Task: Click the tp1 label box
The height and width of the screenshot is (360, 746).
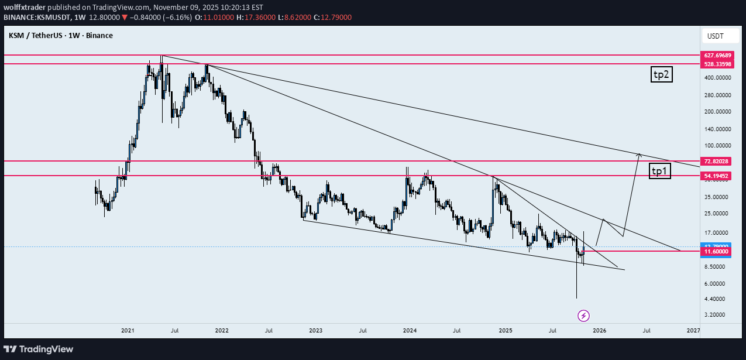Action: (660, 171)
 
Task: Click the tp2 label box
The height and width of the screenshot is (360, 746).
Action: (662, 74)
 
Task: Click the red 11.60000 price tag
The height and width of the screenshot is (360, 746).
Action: (716, 251)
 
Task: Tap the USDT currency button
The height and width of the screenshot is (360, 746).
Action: (715, 36)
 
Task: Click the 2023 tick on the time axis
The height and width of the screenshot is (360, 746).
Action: (315, 331)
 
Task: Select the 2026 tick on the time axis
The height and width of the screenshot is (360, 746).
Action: (599, 331)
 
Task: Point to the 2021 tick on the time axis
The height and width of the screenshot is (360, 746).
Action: (128, 331)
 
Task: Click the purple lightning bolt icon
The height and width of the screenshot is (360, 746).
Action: (583, 316)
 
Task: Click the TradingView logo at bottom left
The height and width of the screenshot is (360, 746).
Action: (39, 349)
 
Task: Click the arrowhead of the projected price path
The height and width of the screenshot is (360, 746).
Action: (639, 155)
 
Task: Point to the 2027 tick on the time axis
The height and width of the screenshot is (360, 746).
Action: (693, 331)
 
